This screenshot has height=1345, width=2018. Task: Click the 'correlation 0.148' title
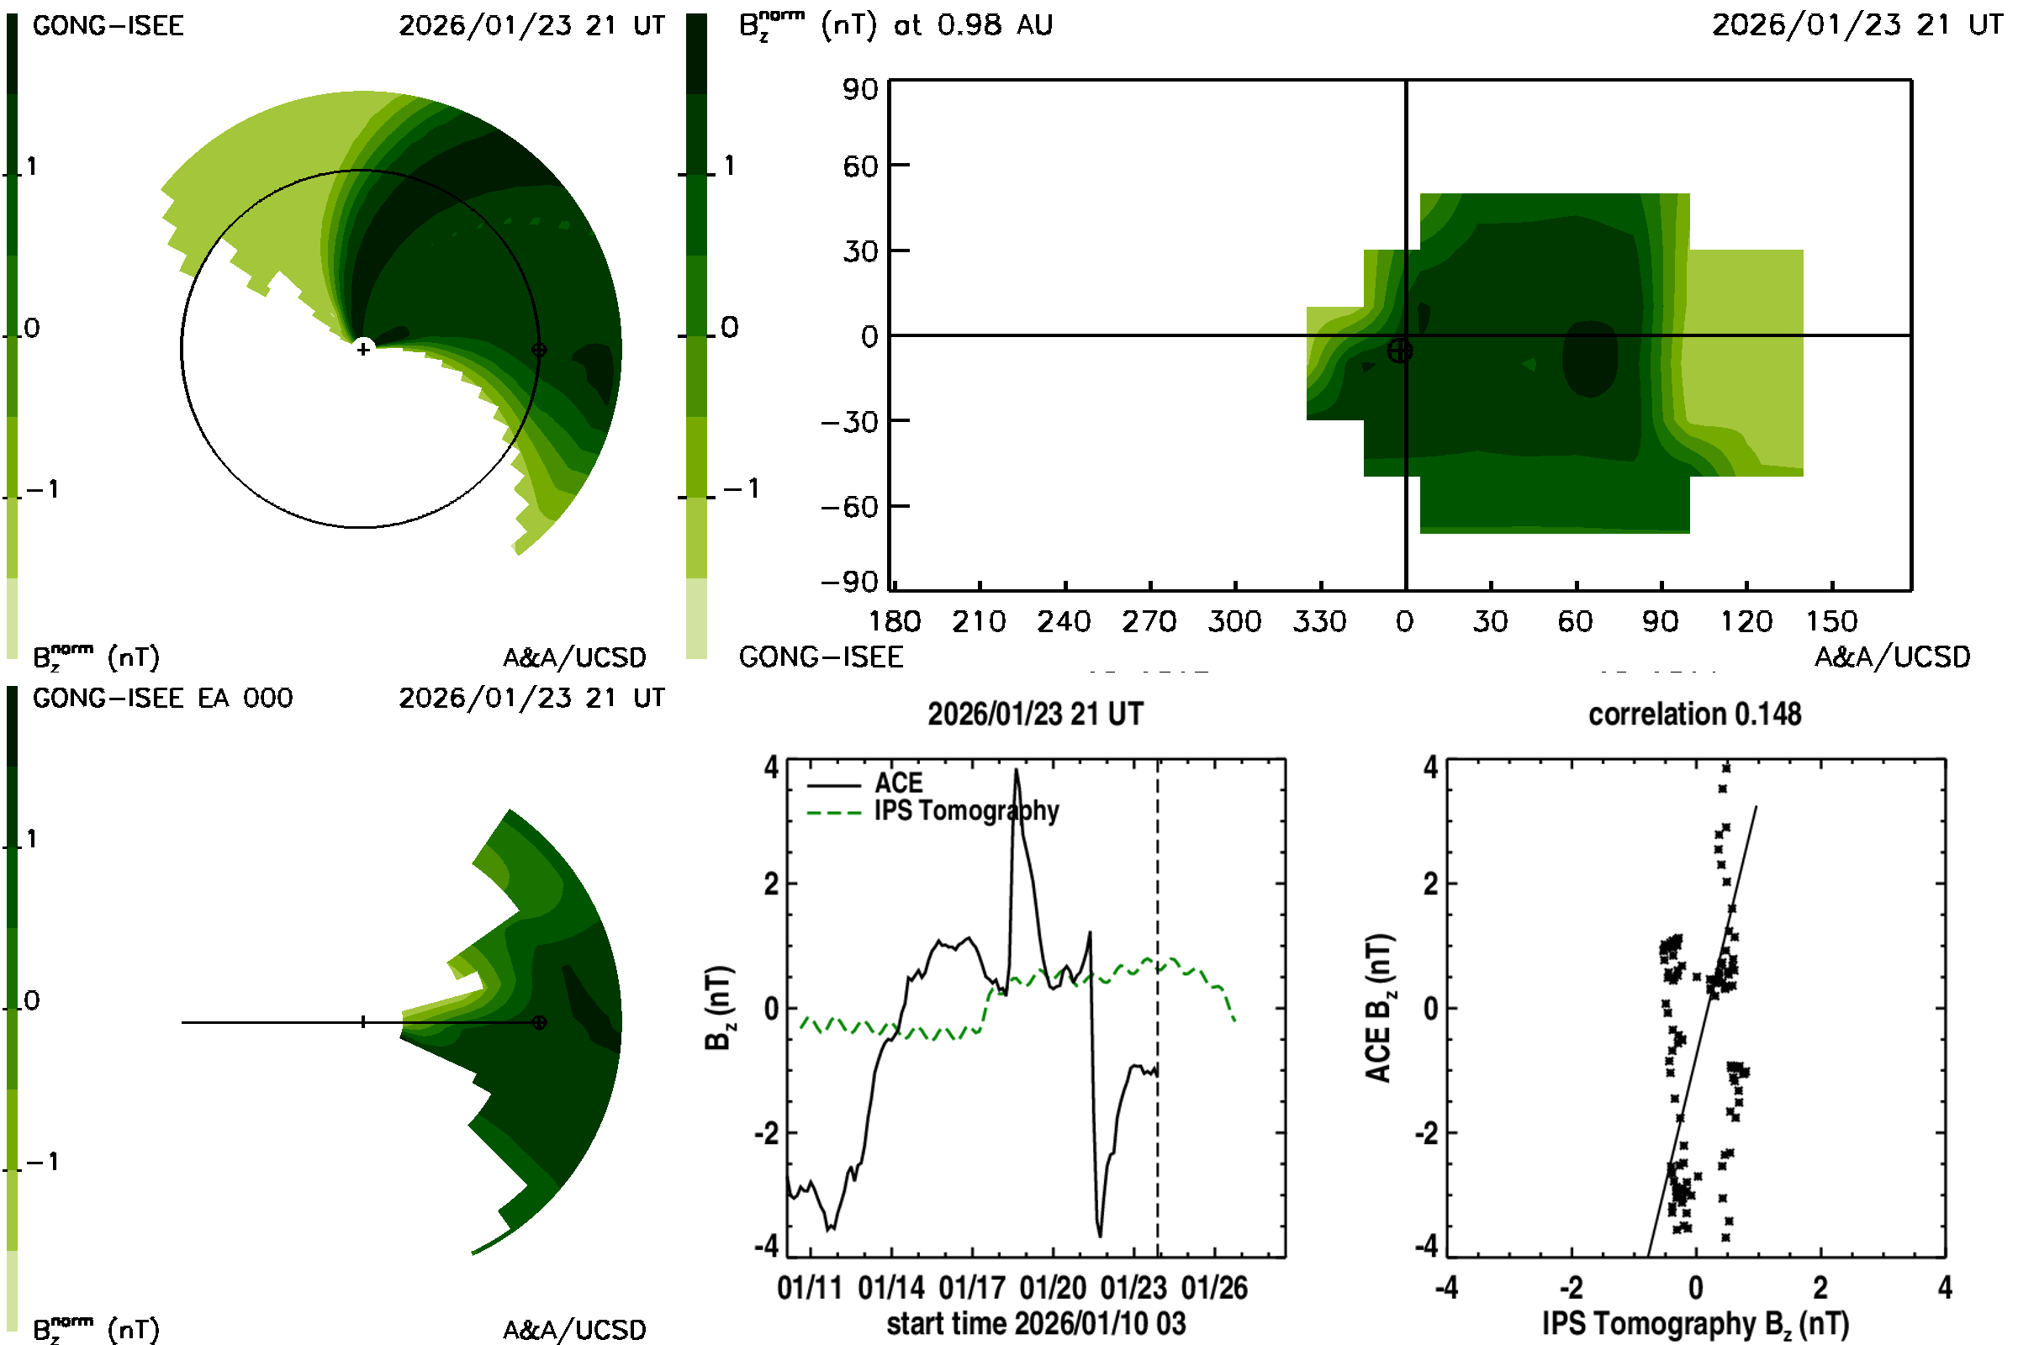1693,714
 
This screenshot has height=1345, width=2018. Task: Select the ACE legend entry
897,783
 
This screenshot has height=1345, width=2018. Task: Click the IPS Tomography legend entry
966,810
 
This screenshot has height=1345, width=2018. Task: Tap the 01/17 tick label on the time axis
971,1288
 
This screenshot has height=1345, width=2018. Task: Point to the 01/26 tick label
1214,1288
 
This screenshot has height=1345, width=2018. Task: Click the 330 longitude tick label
1319,621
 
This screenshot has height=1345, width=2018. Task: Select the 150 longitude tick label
1831,621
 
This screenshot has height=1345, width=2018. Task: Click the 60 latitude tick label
859,166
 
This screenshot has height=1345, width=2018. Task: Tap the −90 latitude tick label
849,583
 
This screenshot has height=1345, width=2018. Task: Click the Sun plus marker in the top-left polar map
363,349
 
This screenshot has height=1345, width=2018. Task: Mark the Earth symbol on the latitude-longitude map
1399,351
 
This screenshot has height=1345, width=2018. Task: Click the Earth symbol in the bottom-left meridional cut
539,1022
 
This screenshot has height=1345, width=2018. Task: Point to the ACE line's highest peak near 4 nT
1017,770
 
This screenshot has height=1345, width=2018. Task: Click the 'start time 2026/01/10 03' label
1036,1323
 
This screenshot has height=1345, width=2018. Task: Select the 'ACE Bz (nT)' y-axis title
1378,1008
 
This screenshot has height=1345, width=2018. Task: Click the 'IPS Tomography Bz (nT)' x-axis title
1694,1323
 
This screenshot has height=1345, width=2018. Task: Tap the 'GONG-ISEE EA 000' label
162,699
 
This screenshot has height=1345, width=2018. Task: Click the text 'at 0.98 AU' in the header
973,25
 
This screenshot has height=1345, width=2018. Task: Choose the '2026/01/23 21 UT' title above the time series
1035,714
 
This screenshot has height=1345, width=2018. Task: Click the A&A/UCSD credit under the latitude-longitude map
1892,657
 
